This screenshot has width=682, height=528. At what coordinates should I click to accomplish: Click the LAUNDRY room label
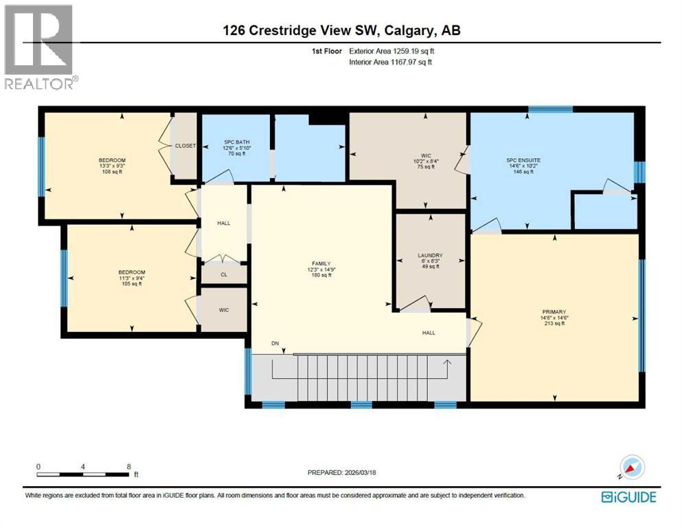tap(430, 256)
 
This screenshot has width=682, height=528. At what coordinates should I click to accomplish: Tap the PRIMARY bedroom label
tap(555, 318)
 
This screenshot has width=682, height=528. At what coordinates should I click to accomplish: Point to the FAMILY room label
tap(321, 263)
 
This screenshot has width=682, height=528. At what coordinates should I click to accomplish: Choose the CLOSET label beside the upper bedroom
tap(185, 146)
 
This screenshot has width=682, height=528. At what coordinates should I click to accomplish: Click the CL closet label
tap(224, 274)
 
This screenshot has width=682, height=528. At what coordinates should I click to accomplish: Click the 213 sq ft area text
tap(555, 324)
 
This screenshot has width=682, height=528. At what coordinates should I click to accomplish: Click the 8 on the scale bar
tap(128, 466)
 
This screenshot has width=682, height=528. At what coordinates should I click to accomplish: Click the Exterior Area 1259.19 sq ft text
tap(391, 51)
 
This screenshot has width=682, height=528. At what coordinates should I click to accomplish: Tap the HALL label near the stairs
tap(429, 333)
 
